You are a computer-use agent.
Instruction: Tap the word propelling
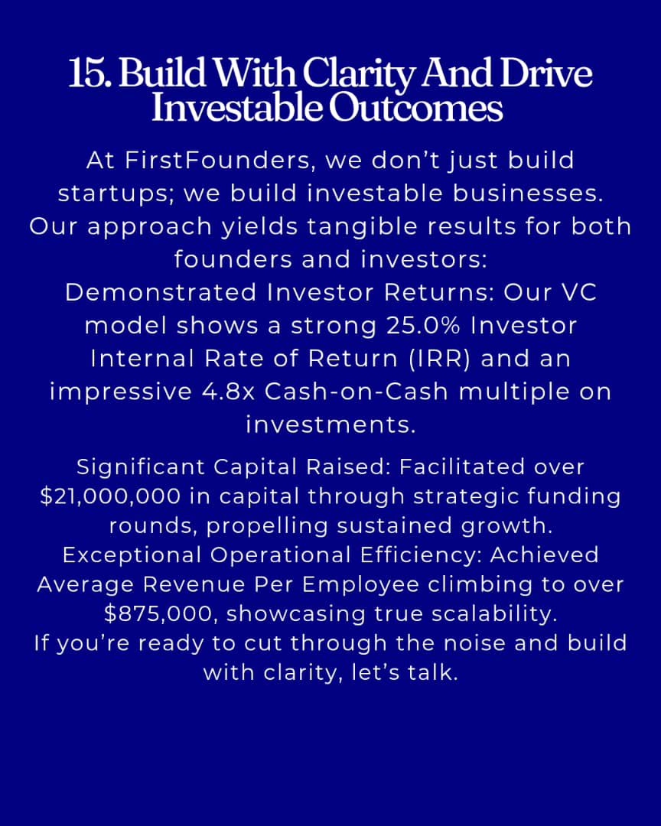275,525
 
